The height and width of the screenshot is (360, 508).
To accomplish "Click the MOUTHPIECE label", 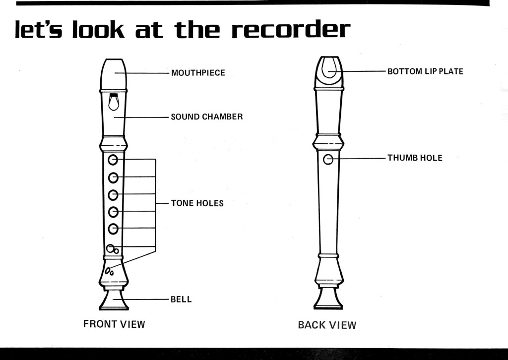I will (198, 73).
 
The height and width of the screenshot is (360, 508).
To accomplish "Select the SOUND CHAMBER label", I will (207, 117).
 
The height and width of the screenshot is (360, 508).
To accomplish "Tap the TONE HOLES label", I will (197, 203).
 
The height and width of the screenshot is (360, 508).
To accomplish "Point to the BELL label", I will (181, 300).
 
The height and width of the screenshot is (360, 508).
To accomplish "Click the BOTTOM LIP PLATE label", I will (425, 71).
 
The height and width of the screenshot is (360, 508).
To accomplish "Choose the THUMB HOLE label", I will (415, 158).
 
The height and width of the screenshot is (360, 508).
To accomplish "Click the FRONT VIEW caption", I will (114, 324).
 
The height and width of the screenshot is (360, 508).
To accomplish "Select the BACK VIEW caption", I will (327, 325).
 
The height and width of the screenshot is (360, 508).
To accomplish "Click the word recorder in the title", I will (291, 31).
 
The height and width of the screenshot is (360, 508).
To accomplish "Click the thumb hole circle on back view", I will (328, 159).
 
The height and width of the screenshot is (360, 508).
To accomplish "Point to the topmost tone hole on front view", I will (113, 160).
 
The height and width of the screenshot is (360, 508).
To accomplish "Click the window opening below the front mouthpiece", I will (114, 102).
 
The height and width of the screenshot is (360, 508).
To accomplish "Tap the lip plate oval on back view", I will (329, 68).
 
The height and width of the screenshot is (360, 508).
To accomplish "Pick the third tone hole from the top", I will (113, 194).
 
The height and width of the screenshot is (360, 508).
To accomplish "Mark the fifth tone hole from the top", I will (113, 229).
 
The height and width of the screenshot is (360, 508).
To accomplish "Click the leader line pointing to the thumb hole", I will (360, 159).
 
